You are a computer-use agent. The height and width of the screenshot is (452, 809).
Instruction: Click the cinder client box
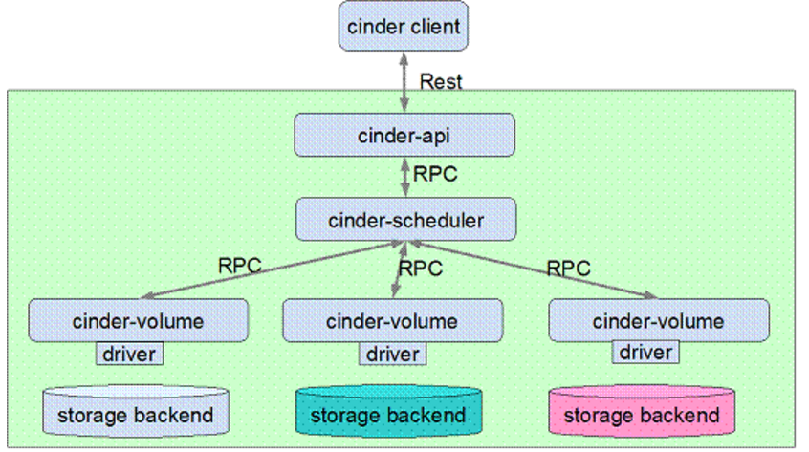(x=403, y=26)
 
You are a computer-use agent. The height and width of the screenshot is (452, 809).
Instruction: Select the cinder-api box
(x=404, y=135)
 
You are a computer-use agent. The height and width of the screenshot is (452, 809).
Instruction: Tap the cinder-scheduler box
(x=405, y=220)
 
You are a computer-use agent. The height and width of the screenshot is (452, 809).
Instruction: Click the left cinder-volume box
(x=138, y=320)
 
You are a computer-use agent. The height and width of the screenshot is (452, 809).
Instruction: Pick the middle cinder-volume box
(x=392, y=320)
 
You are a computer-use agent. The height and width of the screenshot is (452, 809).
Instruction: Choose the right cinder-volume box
(x=658, y=320)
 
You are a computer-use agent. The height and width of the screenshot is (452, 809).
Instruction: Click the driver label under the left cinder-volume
(x=129, y=354)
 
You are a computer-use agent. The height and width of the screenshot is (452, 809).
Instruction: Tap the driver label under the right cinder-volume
(x=645, y=352)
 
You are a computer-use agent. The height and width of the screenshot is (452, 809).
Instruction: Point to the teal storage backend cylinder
(x=387, y=414)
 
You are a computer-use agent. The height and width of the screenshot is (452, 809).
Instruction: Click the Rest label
(x=441, y=81)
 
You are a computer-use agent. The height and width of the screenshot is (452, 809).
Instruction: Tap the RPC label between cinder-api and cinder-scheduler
(x=435, y=175)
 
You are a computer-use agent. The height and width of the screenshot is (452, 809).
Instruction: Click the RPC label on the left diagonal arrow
(x=240, y=265)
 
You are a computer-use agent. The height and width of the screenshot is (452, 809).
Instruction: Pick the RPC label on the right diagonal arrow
(x=568, y=268)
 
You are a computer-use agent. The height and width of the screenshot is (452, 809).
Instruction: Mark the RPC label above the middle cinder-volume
(x=420, y=269)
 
